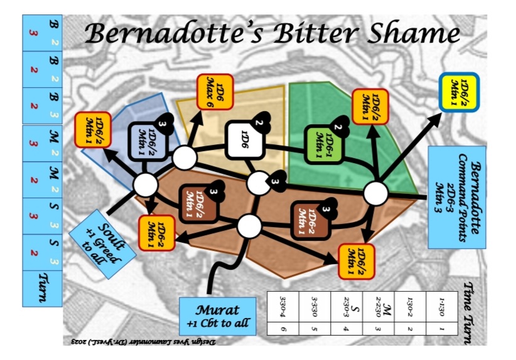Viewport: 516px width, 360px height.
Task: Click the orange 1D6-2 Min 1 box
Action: point(156,231)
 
